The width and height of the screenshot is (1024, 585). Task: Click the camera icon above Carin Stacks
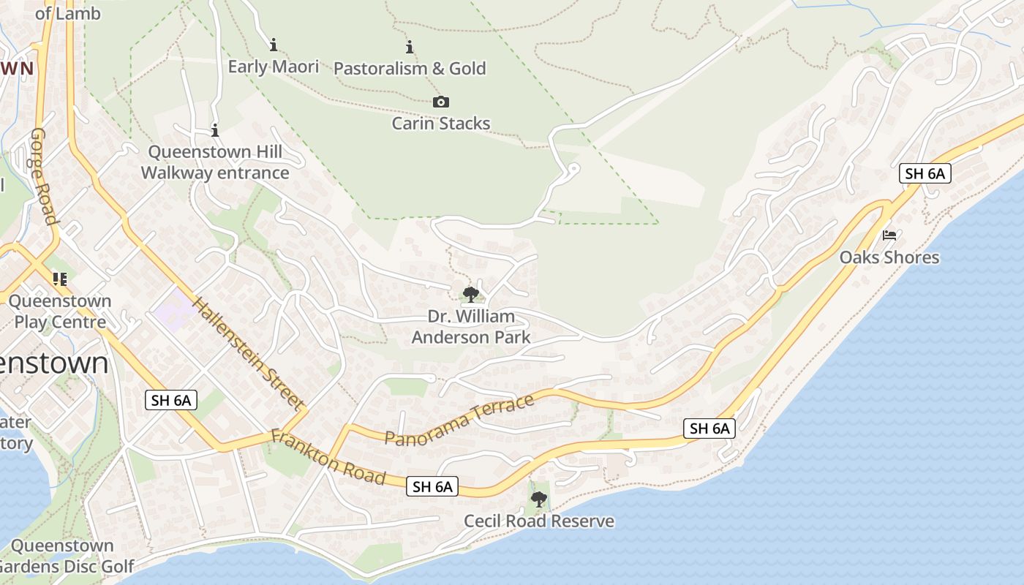coord(441,102)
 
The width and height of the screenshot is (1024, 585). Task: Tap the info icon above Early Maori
coord(274,45)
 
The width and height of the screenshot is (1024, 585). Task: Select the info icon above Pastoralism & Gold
coord(410,48)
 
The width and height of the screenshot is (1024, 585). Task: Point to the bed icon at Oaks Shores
coord(889,235)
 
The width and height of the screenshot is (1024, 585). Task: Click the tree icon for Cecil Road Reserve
coord(539,499)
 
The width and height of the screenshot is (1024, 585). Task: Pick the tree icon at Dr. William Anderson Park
coord(471,295)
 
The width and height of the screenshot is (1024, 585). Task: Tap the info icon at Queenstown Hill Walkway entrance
coord(215,131)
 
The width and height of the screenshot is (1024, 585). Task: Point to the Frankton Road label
coord(328,457)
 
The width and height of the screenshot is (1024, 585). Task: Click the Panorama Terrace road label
coord(459,420)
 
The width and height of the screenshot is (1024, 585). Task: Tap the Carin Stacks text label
coord(441,123)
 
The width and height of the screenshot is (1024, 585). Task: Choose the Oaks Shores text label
coord(889,257)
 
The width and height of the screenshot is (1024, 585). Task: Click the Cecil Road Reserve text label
coord(539,521)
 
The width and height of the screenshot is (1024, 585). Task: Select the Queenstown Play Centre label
coord(60,312)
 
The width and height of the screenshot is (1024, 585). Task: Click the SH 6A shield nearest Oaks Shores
coord(925,173)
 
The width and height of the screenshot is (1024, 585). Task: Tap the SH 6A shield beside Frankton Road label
coord(432,486)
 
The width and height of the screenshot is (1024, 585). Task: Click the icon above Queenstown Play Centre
coord(60,279)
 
